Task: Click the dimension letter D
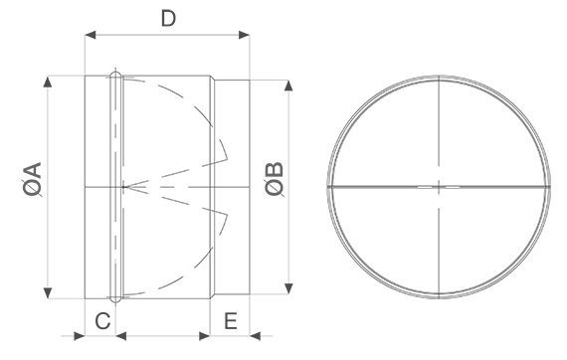168,19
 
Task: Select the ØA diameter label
33,179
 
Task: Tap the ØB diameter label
275,179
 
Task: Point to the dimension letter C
102,320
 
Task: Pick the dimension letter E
231,320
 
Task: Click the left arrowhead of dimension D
91,35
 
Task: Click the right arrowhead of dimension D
244,35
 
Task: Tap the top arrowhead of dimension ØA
48,82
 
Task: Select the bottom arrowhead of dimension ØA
48,292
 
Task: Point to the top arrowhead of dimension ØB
288,86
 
